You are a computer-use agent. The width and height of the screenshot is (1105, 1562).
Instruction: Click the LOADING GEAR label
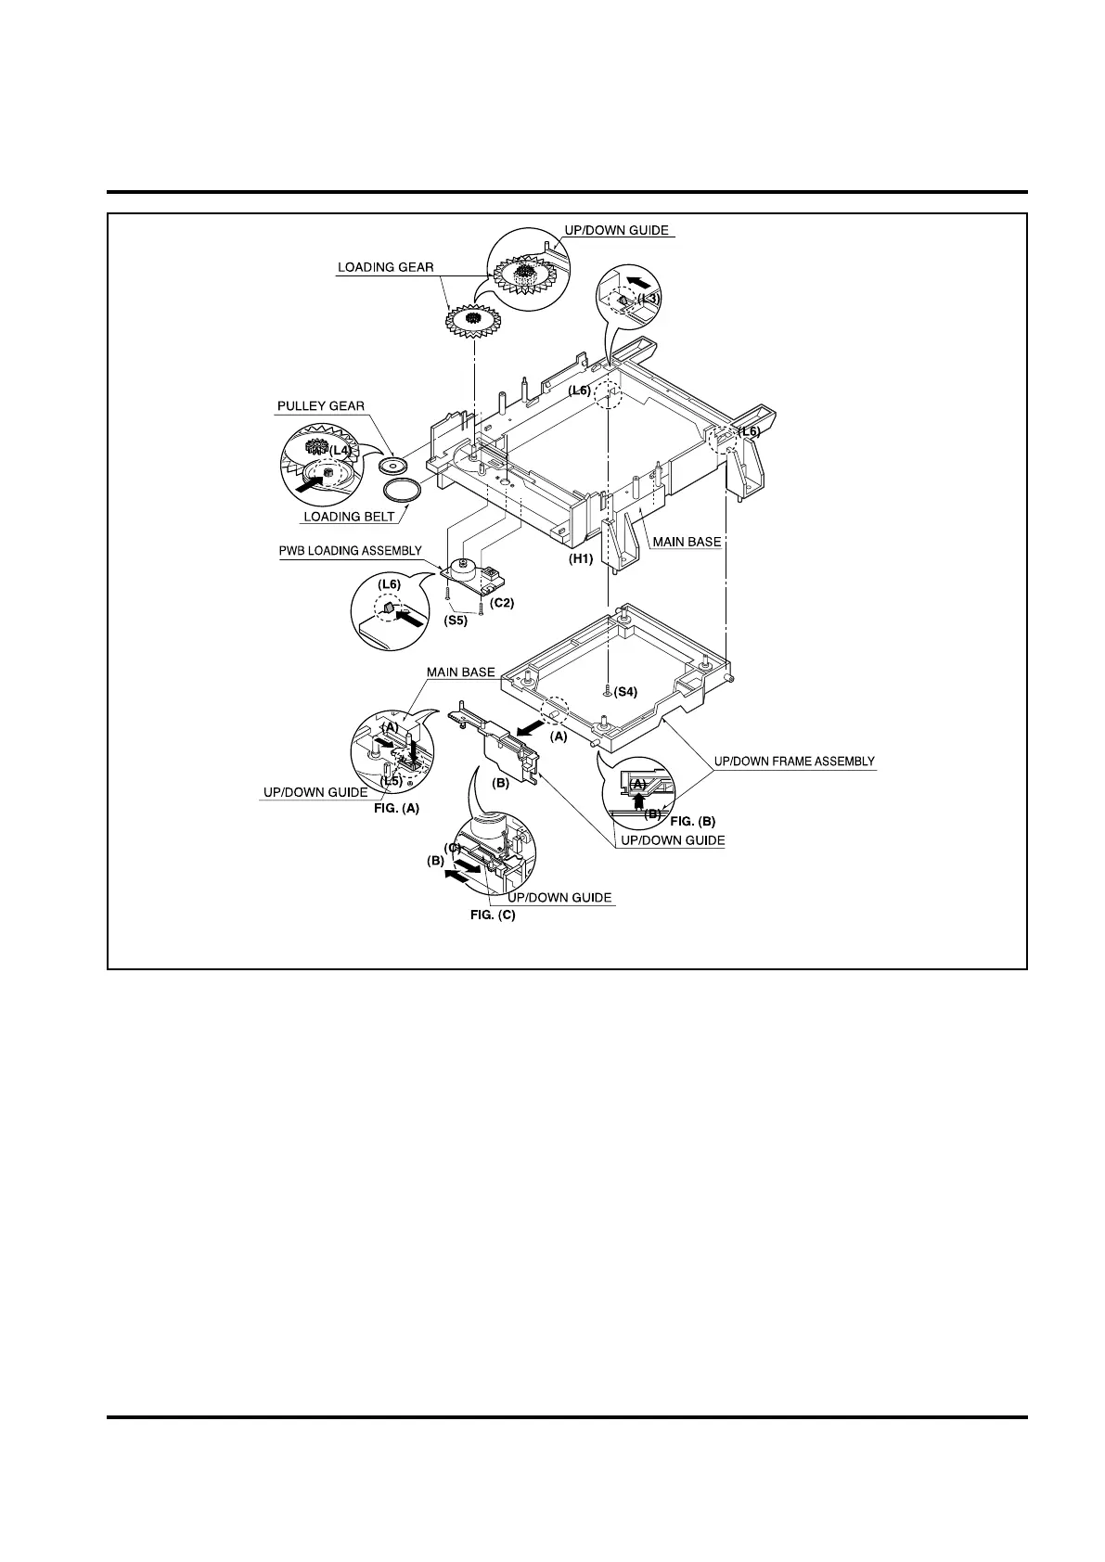point(385,268)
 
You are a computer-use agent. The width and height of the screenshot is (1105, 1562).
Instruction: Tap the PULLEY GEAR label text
point(320,406)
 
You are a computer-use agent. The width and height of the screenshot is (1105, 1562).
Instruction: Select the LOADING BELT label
point(349,517)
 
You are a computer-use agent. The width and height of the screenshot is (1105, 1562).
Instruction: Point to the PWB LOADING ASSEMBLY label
point(351,551)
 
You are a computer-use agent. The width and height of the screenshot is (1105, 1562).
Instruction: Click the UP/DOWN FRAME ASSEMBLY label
point(794,762)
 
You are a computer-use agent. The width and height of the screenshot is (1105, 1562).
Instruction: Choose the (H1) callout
point(580,559)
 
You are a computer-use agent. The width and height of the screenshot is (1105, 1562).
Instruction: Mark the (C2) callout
point(502,603)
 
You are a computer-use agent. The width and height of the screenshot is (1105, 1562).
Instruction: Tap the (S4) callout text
point(625,692)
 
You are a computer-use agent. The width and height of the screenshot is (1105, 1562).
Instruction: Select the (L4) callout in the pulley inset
point(341,450)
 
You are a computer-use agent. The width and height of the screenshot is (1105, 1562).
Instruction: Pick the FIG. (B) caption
point(692,821)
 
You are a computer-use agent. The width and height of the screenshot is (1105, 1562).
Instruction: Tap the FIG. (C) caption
point(492,915)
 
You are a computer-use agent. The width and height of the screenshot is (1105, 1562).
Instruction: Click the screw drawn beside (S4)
point(606,691)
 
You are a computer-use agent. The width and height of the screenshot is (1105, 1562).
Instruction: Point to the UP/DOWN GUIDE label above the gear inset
point(617,230)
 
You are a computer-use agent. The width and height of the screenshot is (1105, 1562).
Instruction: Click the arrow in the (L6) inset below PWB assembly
point(406,613)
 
